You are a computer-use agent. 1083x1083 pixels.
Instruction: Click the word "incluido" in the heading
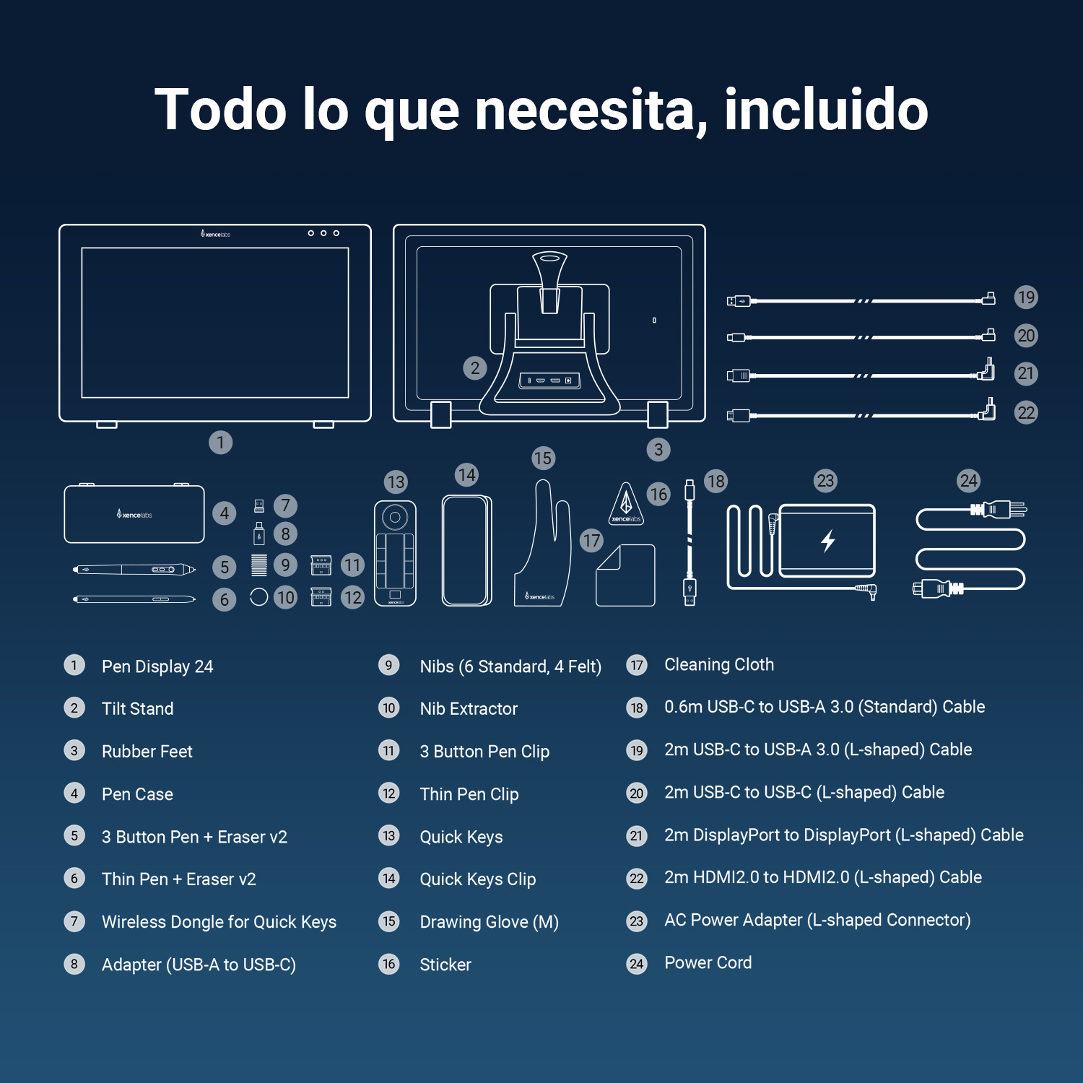[826, 110]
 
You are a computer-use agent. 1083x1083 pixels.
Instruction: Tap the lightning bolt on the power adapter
[828, 540]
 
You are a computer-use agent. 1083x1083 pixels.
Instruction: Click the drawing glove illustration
[543, 549]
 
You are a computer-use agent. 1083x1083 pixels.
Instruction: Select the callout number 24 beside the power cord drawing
[968, 481]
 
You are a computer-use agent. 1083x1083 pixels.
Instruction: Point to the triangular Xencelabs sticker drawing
[626, 505]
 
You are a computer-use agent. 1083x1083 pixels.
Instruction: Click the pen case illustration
[134, 514]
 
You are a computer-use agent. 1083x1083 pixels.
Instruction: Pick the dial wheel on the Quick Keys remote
[395, 517]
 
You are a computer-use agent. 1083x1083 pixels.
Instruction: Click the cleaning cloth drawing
[625, 575]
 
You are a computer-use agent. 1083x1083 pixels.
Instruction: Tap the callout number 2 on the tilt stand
[474, 368]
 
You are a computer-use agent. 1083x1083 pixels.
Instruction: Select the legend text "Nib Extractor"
[469, 709]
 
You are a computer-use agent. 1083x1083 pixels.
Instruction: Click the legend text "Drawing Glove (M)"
[489, 922]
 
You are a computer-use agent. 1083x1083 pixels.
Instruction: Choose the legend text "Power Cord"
[708, 962]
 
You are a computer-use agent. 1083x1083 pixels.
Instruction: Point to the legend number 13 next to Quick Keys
[389, 836]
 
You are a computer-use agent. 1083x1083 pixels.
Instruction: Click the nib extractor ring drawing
[258, 597]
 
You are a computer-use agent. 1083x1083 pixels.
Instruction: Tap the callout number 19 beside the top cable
[1025, 297]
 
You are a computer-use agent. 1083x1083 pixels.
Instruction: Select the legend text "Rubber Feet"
[147, 752]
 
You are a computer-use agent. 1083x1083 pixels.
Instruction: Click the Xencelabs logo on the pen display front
[215, 234]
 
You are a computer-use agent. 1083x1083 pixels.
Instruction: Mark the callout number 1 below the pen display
[220, 442]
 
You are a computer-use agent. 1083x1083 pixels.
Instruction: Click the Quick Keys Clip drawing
[466, 550]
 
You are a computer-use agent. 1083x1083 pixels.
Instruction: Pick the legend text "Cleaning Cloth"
[718, 664]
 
